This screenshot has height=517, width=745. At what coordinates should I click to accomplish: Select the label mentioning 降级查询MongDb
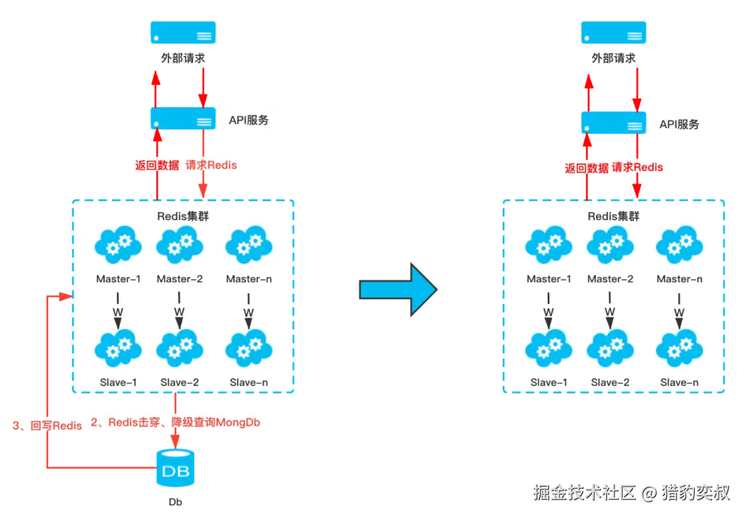pyautogui.click(x=177, y=422)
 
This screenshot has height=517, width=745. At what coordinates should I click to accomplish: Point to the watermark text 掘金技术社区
pyautogui.click(x=583, y=492)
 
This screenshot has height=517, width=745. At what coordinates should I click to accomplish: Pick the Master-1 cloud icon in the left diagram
pyautogui.click(x=118, y=244)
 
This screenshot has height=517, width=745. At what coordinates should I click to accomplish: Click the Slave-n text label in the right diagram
pyautogui.click(x=679, y=382)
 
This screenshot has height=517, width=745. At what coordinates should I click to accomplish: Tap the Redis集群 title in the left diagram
pyautogui.click(x=183, y=216)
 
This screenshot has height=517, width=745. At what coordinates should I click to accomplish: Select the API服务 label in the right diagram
pyautogui.click(x=679, y=124)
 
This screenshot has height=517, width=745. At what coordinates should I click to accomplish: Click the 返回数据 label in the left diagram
pyautogui.click(x=157, y=165)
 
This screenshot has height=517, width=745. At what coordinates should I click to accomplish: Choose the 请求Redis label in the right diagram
pyautogui.click(x=637, y=167)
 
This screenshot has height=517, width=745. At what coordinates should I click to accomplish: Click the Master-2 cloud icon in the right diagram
pyautogui.click(x=610, y=244)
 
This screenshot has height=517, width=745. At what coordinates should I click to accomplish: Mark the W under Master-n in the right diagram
pyautogui.click(x=679, y=312)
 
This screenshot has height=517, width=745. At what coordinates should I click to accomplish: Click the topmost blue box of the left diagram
pyautogui.click(x=183, y=32)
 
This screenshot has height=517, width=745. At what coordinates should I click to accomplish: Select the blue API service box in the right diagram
pyautogui.click(x=613, y=122)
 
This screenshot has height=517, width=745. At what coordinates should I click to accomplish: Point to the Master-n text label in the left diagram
pyautogui.click(x=248, y=279)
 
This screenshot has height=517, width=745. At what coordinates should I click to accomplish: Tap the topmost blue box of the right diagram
pyautogui.click(x=614, y=32)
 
